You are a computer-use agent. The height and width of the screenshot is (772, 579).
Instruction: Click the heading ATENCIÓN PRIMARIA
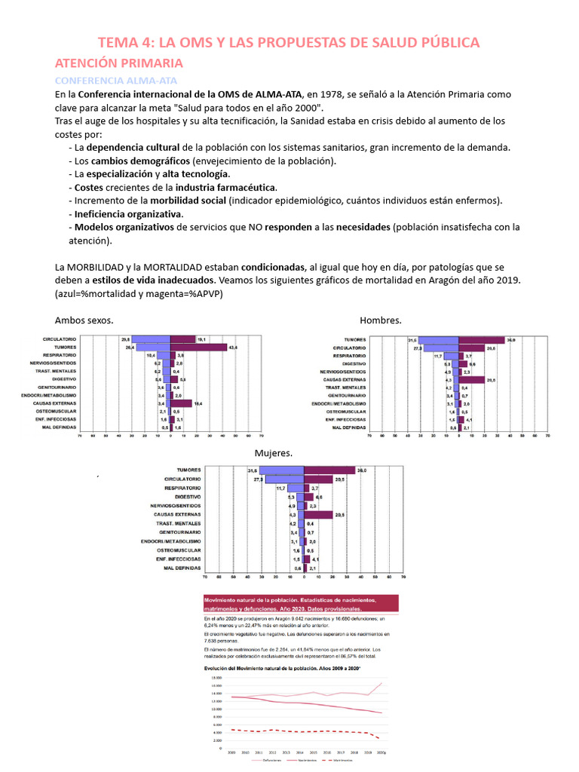[118, 63]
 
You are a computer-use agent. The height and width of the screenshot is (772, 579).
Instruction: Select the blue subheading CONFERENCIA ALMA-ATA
[115, 80]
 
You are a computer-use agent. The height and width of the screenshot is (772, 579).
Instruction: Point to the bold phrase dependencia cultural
[133, 147]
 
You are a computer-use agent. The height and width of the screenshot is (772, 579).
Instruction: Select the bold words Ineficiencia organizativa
[127, 213]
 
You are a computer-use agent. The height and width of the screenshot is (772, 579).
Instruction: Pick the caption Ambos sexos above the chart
[84, 320]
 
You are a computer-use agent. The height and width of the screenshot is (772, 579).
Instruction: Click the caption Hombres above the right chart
[381, 320]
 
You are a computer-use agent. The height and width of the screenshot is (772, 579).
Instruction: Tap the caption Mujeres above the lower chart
[274, 453]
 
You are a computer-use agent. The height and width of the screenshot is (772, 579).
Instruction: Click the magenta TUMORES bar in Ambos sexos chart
[199, 348]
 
